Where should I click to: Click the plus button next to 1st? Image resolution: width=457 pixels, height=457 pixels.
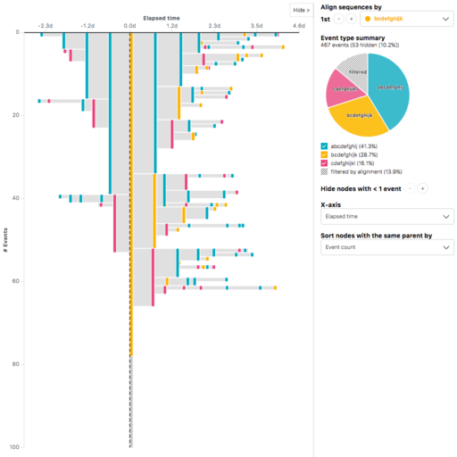click(352, 18)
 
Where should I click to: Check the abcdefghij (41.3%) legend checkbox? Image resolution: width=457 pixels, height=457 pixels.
click(324, 145)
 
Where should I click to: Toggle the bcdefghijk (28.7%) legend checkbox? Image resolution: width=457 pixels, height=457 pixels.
click(324, 154)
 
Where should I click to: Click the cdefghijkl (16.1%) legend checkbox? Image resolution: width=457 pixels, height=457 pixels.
click(324, 163)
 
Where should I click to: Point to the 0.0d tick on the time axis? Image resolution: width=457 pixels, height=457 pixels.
click(130, 26)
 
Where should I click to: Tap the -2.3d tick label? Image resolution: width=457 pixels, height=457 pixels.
click(46, 26)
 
